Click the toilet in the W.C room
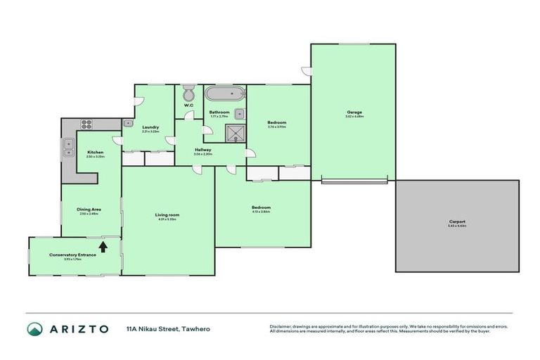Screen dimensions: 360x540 tap(188, 94)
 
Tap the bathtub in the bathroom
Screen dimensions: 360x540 tap(224, 93)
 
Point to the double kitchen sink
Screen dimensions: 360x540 tap(69, 147)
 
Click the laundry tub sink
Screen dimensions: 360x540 tap(128, 123)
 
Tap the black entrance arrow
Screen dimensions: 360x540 tap(103, 246)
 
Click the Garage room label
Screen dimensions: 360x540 tap(354, 112)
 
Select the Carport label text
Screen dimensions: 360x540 tap(457, 221)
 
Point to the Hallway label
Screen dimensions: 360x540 tap(204, 149)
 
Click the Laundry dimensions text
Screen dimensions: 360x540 tap(150, 131)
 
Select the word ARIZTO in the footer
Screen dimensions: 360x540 tap(79, 329)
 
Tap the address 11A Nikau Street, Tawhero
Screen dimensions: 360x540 tap(168, 329)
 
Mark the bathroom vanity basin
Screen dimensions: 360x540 tap(240, 112)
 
